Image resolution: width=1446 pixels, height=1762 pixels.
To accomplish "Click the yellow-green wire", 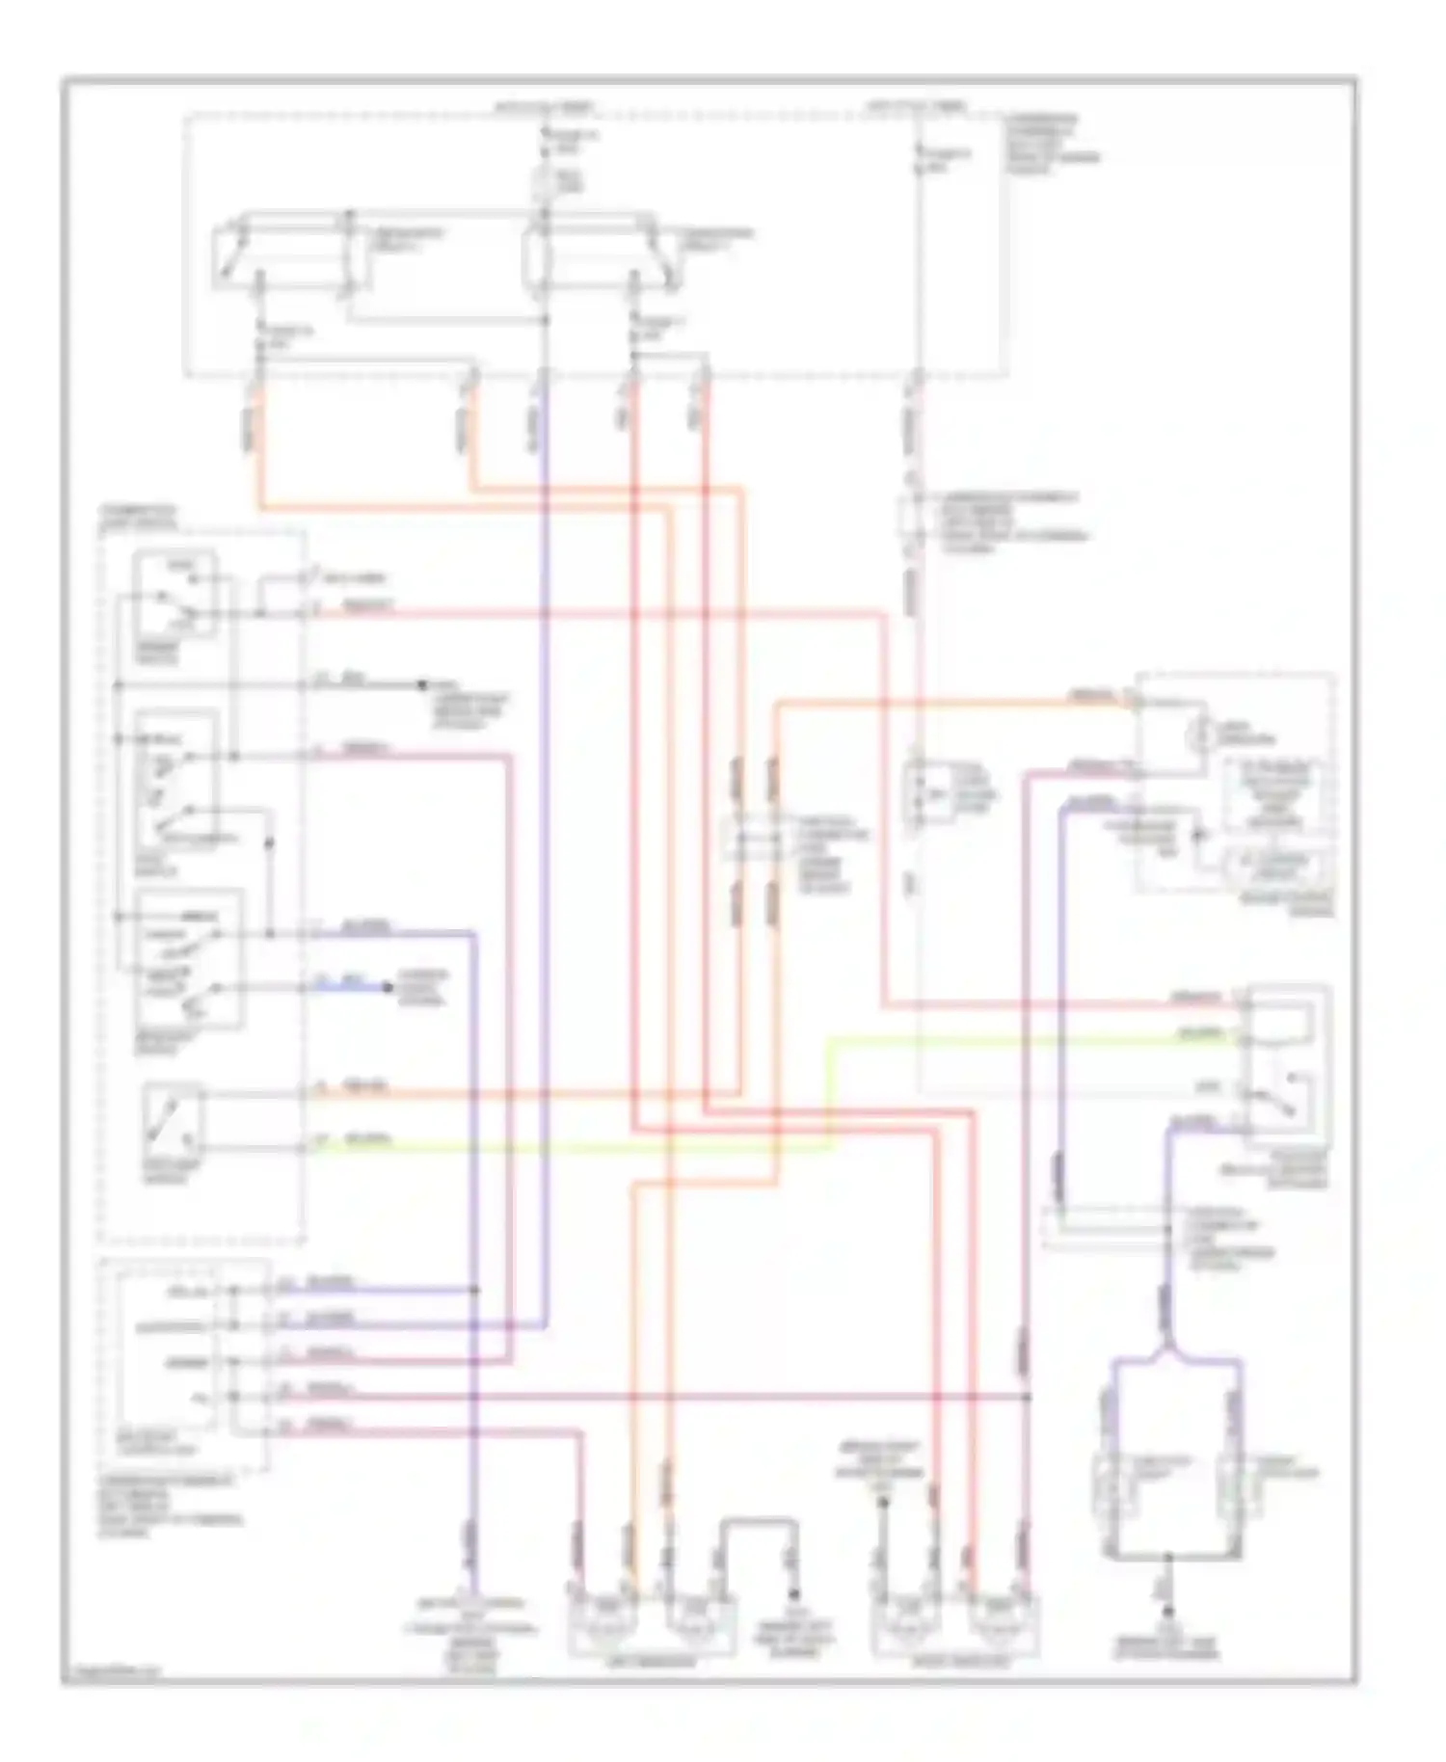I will pyautogui.click(x=578, y=1147).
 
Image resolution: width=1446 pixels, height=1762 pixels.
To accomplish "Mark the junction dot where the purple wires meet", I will pyautogui.click(x=474, y=1290).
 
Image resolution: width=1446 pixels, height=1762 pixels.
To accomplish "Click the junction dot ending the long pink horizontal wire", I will pyautogui.click(x=1028, y=1396).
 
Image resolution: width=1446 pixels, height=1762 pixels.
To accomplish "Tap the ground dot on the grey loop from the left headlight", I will pyautogui.click(x=794, y=1595).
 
